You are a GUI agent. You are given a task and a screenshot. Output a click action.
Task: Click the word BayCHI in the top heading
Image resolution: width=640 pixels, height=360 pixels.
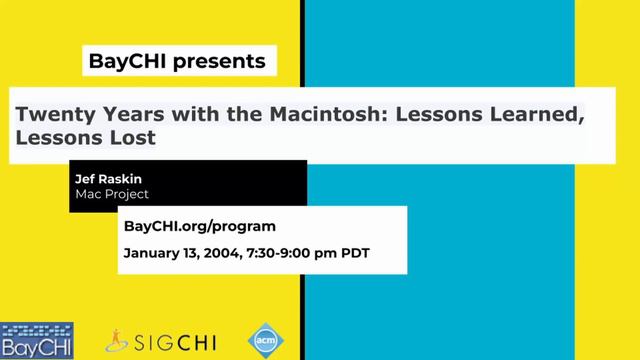[126, 62]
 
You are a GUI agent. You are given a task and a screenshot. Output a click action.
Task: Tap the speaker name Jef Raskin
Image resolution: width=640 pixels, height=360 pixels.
[108, 179]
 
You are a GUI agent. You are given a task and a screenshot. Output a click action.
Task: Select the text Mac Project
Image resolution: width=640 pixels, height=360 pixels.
[112, 194]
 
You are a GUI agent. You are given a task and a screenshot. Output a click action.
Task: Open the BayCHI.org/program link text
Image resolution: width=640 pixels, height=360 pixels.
[199, 227]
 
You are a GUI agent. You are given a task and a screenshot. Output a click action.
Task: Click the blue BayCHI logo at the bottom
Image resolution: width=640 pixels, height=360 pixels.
[36, 340]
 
